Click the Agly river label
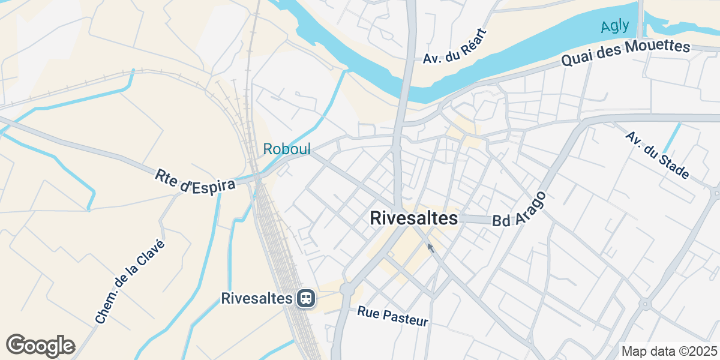pyautogui.click(x=615, y=26)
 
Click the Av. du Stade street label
pyautogui.click(x=657, y=155)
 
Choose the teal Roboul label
pyautogui.click(x=287, y=149)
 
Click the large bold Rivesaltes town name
pyautogui.click(x=414, y=218)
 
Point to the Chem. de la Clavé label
pyautogui.click(x=130, y=282)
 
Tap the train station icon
pyautogui.click(x=305, y=298)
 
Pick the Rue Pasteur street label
pyautogui.click(x=393, y=316)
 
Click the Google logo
pyautogui.click(x=40, y=346)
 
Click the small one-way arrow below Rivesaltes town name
pyautogui.click(x=430, y=247)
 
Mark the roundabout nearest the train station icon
pyautogui.click(x=347, y=290)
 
